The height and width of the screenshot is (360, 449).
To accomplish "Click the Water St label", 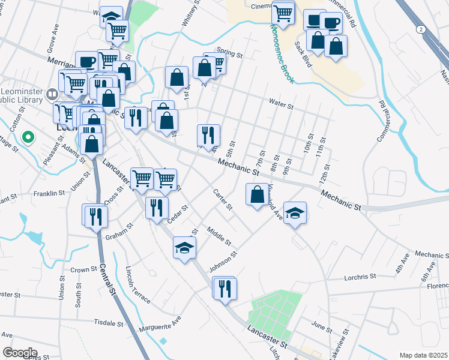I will (x=281, y=106).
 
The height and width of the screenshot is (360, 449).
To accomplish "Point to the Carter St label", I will (x=223, y=200).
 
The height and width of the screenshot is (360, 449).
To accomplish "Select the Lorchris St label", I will (x=360, y=277).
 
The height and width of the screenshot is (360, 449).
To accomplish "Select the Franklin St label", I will (x=49, y=193).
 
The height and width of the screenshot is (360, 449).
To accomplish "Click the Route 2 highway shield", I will (x=421, y=29).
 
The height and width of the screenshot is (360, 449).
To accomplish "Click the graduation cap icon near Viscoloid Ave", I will (x=295, y=213).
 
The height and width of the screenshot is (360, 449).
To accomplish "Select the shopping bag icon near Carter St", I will (x=257, y=194).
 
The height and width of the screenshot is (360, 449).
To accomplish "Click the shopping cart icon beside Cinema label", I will (x=283, y=11).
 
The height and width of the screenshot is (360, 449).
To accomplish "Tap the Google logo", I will (x=20, y=353).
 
